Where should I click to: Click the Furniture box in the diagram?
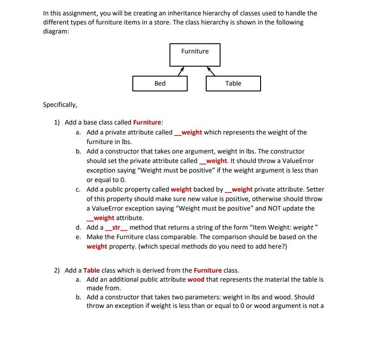(x=195, y=55)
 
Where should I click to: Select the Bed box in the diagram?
(x=160, y=83)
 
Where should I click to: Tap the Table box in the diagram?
(x=233, y=83)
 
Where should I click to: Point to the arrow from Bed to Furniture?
(x=180, y=71)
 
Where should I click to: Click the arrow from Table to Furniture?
(x=211, y=71)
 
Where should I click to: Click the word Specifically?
(x=60, y=105)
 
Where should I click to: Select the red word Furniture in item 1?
(x=147, y=122)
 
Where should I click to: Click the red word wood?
(x=196, y=279)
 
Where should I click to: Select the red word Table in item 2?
(x=92, y=270)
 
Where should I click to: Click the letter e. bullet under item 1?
(x=78, y=237)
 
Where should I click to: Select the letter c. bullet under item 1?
(x=78, y=189)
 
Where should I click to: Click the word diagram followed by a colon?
(x=56, y=31)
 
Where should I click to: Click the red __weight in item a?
(x=189, y=132)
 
